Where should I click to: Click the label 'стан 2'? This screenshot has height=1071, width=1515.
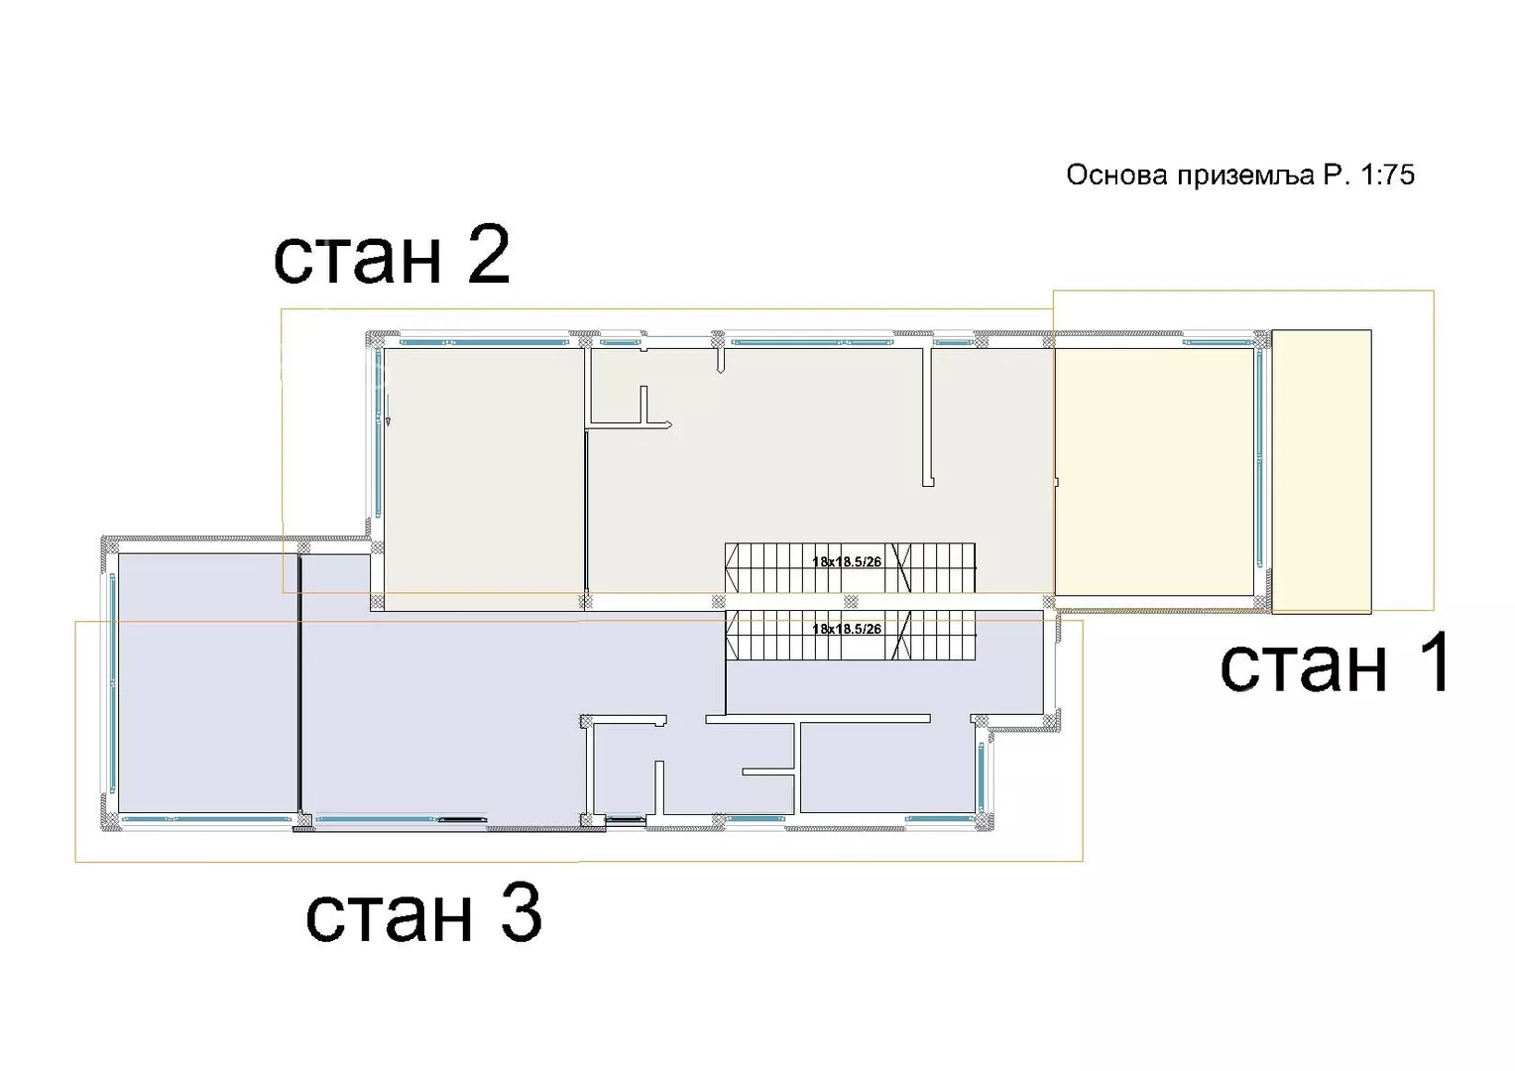(392, 256)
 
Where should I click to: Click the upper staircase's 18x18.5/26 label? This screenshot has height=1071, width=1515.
(847, 561)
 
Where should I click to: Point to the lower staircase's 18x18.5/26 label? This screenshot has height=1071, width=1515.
(847, 629)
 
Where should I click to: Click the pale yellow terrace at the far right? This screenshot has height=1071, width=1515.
(1322, 472)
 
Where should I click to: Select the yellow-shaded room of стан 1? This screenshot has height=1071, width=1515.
(1154, 472)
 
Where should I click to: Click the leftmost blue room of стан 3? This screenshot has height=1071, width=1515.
(208, 682)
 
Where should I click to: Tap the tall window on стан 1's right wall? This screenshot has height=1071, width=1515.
(1259, 459)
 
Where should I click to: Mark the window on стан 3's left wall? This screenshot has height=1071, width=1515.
(112, 682)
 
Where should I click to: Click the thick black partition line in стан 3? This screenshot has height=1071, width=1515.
(299, 683)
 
